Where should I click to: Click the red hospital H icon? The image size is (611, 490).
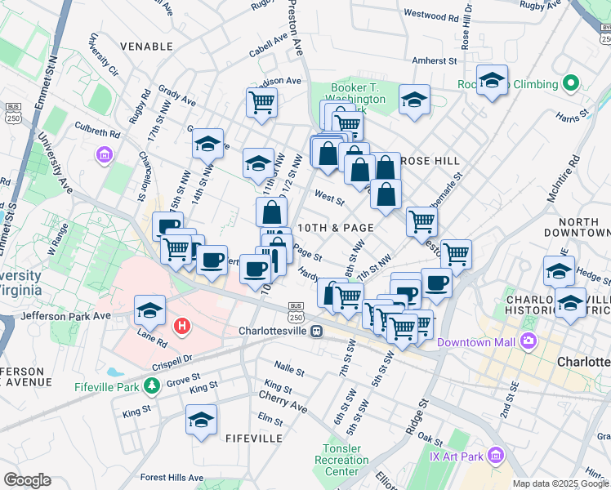pyautogui.click(x=183, y=326)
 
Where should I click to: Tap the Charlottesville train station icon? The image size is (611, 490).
pyautogui.click(x=315, y=332)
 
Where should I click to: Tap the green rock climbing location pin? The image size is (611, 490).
pyautogui.click(x=572, y=84)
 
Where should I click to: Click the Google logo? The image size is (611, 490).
pyautogui.click(x=27, y=480)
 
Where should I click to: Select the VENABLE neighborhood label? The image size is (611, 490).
pyautogui.click(x=145, y=47)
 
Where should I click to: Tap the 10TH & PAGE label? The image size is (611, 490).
pyautogui.click(x=335, y=228)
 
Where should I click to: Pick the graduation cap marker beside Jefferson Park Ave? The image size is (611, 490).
pyautogui.click(x=150, y=309)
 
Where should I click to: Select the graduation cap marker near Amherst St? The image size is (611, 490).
pyautogui.click(x=492, y=80)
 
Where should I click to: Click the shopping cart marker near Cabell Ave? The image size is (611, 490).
pyautogui.click(x=261, y=102)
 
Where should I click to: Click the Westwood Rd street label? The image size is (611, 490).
pyautogui.click(x=430, y=15)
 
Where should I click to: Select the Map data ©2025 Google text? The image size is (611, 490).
pyautogui.click(x=560, y=483)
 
